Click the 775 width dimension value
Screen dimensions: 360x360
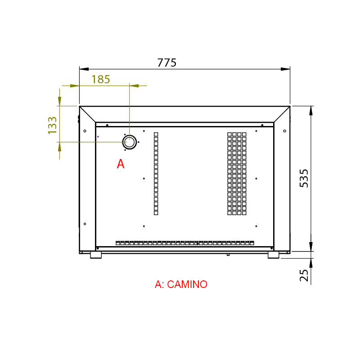166,63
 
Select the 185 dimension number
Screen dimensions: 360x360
101,80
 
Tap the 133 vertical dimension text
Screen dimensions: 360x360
53,125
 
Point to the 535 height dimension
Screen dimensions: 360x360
304,178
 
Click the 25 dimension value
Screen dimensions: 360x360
304,275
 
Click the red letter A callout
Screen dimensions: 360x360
121,164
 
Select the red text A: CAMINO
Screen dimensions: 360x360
181,284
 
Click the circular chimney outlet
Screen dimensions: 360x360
130,142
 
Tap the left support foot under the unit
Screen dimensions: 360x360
96,255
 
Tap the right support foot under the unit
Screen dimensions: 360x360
274,255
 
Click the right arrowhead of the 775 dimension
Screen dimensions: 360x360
285,69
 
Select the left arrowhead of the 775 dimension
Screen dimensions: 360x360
84,69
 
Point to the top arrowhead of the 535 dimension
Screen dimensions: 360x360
311,111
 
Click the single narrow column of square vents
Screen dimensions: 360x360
156,174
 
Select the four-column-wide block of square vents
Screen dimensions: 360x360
237,174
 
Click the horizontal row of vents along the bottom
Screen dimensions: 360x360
184,243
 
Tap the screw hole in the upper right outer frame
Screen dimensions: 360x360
284,131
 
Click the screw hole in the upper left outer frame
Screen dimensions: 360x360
85,131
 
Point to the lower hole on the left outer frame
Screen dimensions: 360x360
85,224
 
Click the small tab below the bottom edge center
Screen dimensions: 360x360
228,254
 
